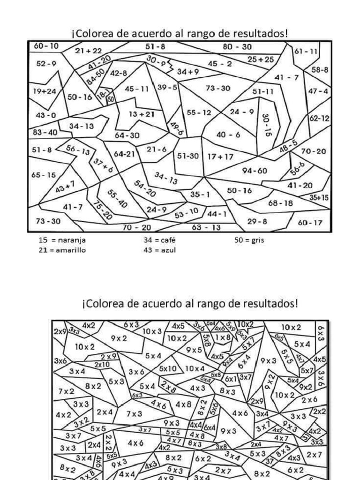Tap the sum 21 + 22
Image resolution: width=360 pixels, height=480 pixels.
(88, 50)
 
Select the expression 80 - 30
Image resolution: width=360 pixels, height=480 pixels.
(237, 46)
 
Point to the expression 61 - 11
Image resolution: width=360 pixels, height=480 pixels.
(306, 51)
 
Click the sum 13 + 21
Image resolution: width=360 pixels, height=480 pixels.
(142, 113)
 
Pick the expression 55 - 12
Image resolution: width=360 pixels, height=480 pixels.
(199, 112)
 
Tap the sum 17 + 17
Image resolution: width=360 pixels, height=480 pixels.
(220, 157)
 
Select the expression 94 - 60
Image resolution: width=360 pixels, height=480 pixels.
(255, 170)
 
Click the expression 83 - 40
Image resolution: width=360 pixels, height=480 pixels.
(45, 132)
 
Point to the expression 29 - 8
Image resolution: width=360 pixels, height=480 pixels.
(257, 221)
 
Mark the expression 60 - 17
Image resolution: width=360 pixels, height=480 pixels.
(310, 222)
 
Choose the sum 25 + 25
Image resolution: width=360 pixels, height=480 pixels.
(261, 59)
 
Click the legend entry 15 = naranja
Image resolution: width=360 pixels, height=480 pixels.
(62, 240)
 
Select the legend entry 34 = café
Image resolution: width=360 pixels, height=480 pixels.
(159, 240)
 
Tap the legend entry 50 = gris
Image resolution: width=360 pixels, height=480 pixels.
(249, 240)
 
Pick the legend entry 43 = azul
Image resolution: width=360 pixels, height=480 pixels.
(159, 250)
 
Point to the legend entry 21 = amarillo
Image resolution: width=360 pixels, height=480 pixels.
(62, 250)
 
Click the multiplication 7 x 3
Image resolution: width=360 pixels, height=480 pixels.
(134, 413)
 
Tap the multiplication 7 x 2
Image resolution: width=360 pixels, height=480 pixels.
(67, 391)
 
